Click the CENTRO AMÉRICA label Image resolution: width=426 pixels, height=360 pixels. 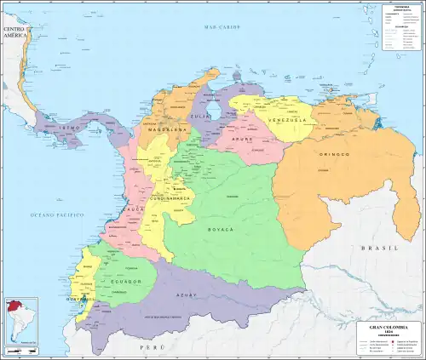[17, 35]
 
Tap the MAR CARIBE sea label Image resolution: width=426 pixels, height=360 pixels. [220, 28]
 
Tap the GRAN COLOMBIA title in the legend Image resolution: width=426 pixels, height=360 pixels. [387, 328]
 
